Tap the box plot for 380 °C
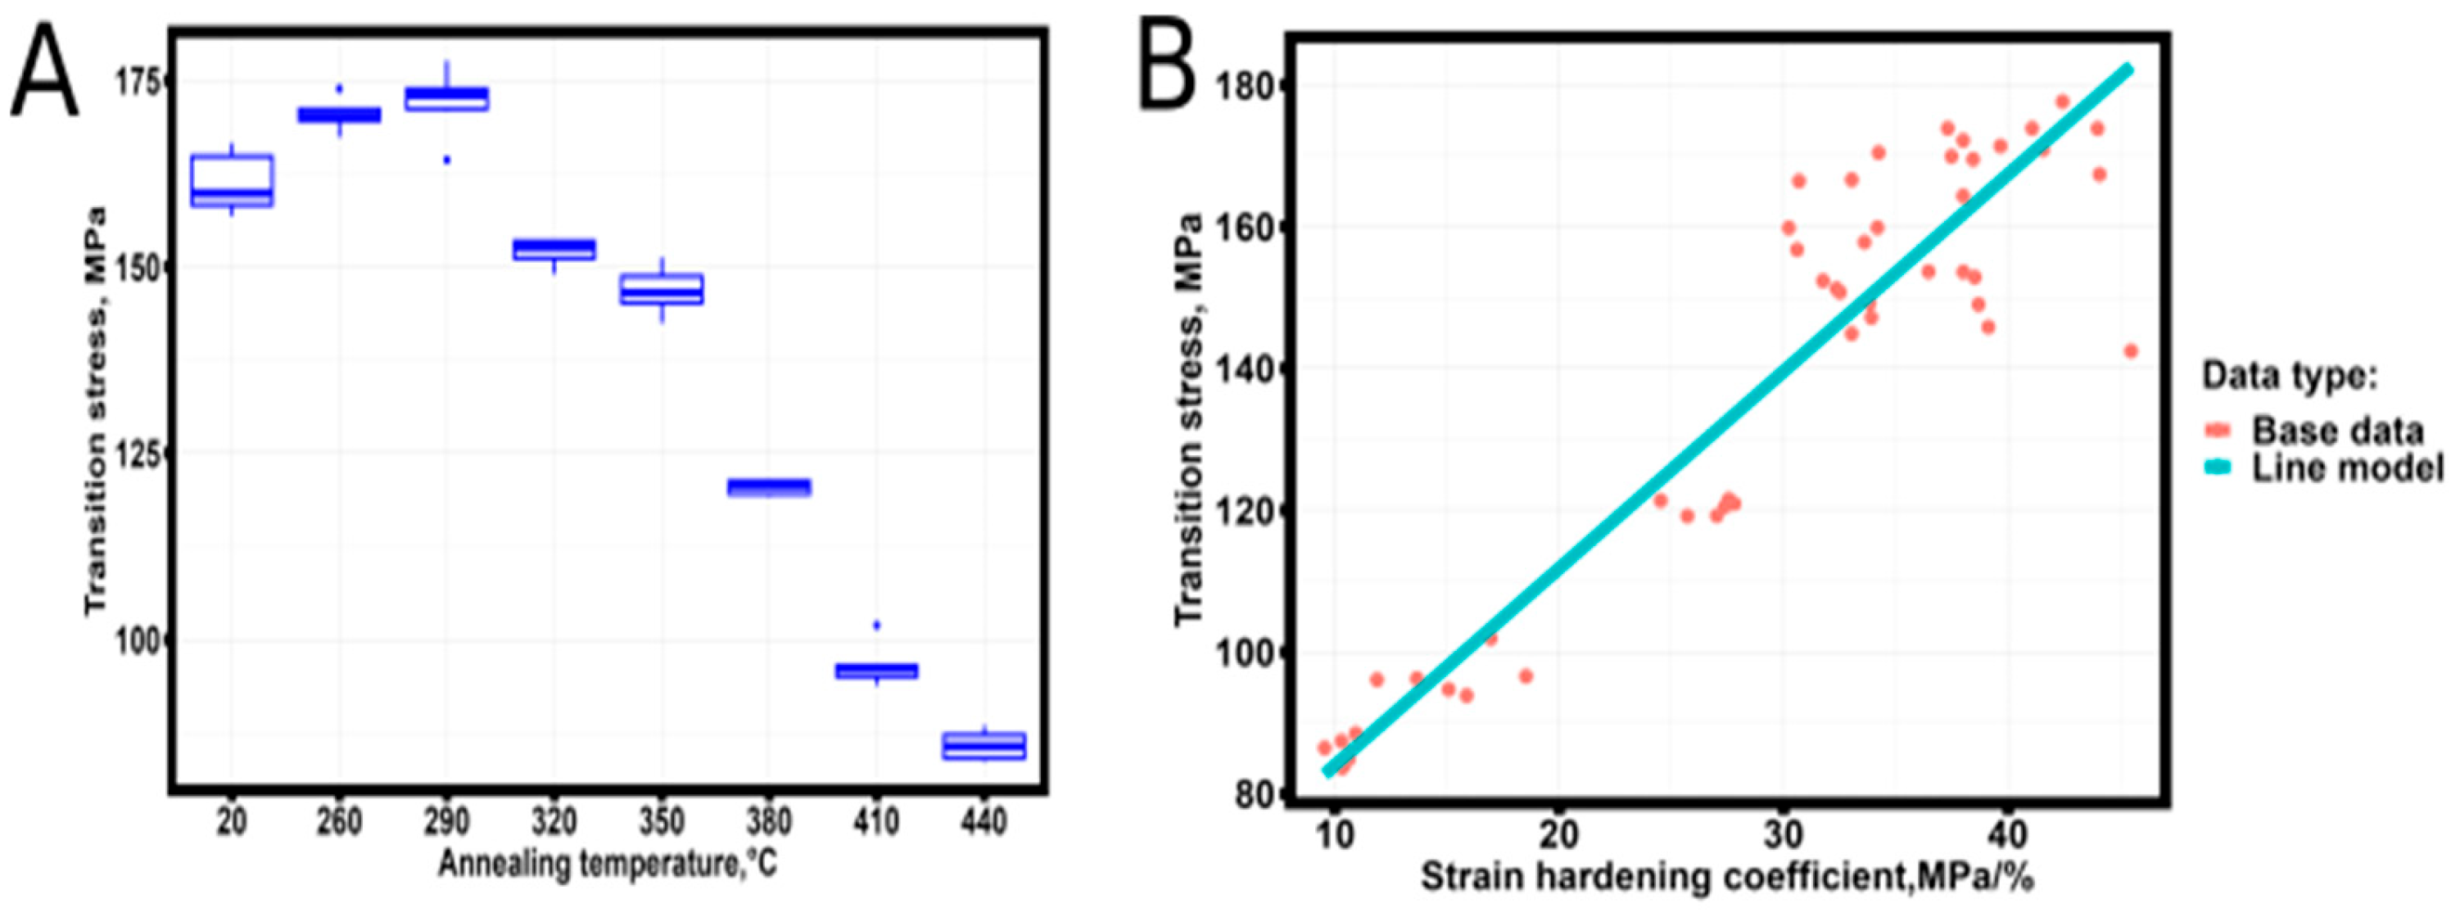click(770, 487)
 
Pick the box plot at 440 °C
click(984, 746)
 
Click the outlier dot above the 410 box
click(877, 625)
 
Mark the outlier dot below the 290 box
click(446, 160)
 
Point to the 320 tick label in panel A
click(554, 821)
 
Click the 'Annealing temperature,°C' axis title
click(608, 865)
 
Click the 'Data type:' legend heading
click(2288, 375)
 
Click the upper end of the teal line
click(2126, 70)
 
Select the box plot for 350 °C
click(662, 290)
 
